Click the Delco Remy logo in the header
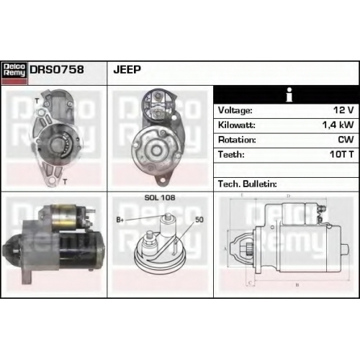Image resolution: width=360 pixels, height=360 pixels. click(x=14, y=73)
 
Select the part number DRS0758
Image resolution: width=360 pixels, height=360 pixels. click(x=57, y=70)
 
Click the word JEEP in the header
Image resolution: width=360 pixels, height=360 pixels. click(x=127, y=70)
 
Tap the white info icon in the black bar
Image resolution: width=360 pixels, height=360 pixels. click(x=289, y=95)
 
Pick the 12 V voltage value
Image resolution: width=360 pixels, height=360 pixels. click(x=343, y=110)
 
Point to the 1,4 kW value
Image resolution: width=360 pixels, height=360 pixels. click(x=338, y=125)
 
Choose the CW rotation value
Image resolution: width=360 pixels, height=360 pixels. click(x=346, y=140)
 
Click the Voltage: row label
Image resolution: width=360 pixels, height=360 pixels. click(x=235, y=111)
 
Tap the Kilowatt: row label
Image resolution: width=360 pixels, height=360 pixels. click(x=237, y=125)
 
